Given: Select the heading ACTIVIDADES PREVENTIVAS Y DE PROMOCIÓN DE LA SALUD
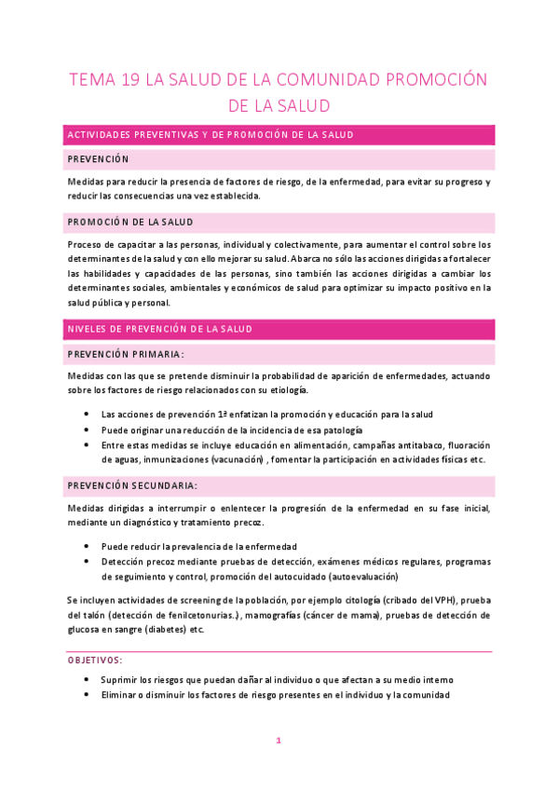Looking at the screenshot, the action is pyautogui.click(x=211, y=135).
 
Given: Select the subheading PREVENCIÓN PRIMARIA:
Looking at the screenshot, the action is pyautogui.click(x=126, y=354).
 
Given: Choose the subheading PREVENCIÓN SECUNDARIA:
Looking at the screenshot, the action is pyautogui.click(x=132, y=485).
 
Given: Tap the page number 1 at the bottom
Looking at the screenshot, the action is pyautogui.click(x=279, y=741).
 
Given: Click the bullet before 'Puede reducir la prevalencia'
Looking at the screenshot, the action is pyautogui.click(x=87, y=547).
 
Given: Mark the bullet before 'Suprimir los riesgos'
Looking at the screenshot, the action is pyautogui.click(x=87, y=680).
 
